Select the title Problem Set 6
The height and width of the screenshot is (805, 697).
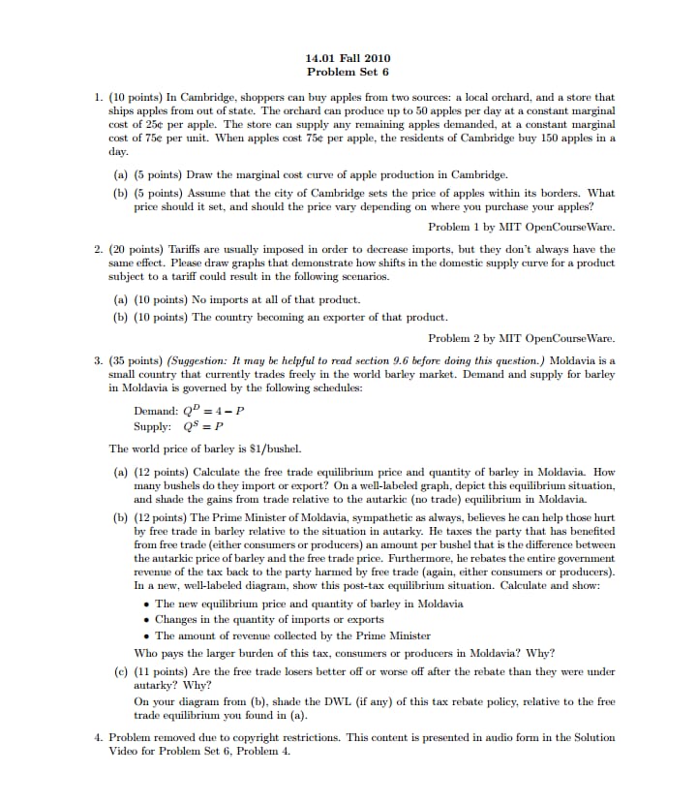[348, 72]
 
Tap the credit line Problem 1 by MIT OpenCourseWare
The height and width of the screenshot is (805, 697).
[521, 227]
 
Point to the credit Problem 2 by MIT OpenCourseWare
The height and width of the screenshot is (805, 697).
[521, 338]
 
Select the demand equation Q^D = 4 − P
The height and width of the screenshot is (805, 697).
[189, 410]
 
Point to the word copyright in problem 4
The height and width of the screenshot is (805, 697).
[261, 737]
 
